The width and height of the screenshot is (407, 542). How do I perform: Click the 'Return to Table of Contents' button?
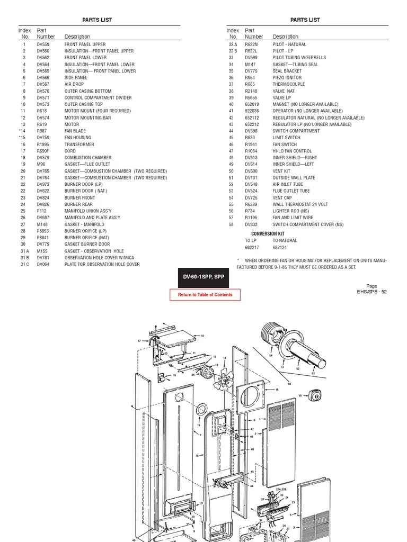pos(205,295)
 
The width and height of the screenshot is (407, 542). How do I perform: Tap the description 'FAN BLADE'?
pos(75,131)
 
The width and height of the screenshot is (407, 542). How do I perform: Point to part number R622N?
pos(251,44)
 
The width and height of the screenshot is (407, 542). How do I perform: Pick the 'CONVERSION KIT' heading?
pos(268,234)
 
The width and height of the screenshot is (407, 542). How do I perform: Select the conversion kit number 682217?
pos(252,247)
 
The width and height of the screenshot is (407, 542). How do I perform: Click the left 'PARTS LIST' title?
pos(97,20)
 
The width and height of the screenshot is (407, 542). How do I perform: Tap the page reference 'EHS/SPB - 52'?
pos(371,292)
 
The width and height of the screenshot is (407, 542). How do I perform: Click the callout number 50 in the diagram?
pos(289,383)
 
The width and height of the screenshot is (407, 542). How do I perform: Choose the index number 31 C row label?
pos(24,264)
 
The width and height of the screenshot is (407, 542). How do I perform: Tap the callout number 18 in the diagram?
pos(197,455)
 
